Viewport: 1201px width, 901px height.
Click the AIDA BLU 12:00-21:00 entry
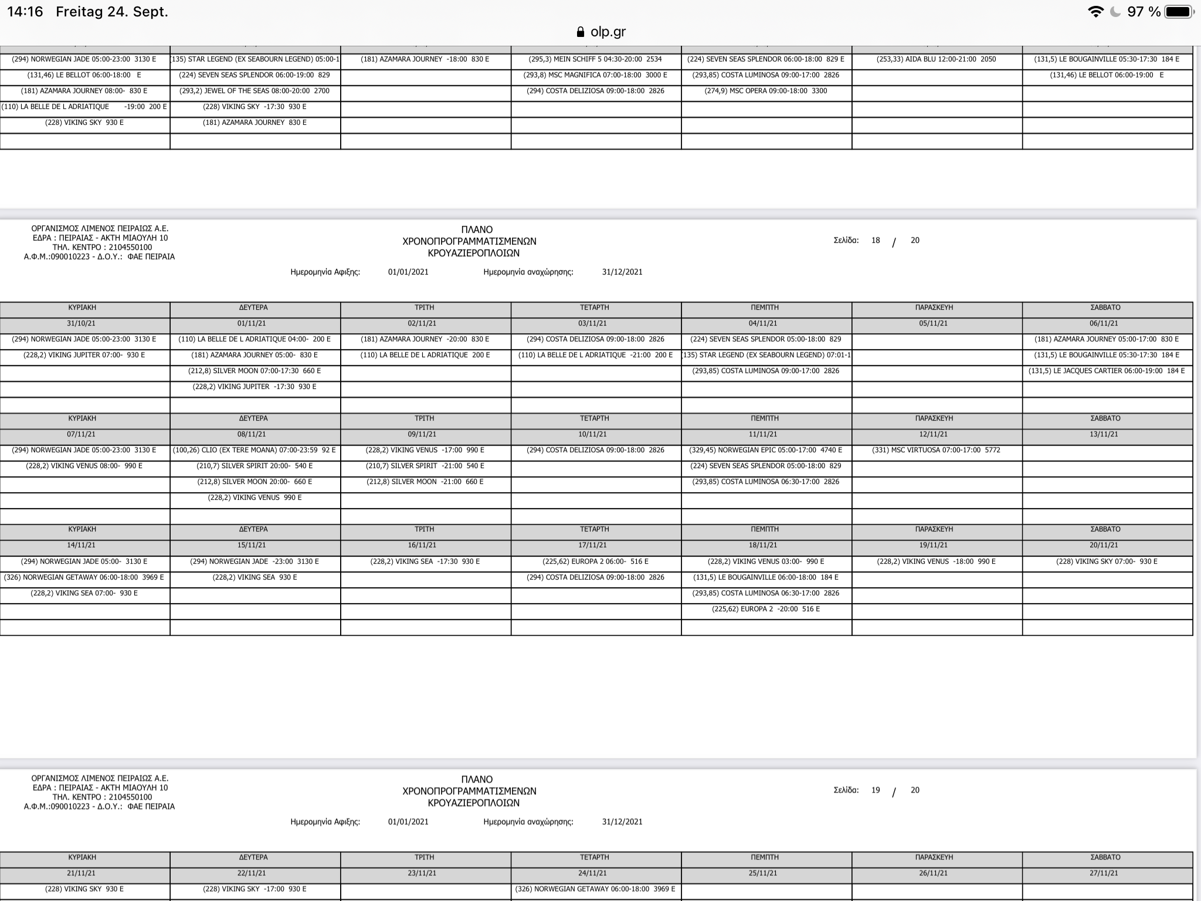(x=936, y=59)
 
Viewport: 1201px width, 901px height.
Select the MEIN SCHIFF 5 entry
(x=595, y=59)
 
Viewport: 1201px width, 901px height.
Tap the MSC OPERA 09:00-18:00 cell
(x=766, y=91)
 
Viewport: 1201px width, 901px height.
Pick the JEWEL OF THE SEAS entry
(x=255, y=91)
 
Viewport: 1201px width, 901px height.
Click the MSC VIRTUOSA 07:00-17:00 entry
(x=936, y=450)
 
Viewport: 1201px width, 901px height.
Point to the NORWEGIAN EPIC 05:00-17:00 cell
(x=765, y=450)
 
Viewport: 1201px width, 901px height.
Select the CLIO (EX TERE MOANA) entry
(x=255, y=450)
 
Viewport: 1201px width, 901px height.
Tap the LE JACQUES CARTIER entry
(x=1106, y=371)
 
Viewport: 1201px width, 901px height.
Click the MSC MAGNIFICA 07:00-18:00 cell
(x=595, y=75)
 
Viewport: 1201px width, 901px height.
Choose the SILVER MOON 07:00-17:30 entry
(x=255, y=371)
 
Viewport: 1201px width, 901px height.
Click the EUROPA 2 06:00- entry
(x=595, y=561)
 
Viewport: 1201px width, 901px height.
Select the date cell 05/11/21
(x=933, y=323)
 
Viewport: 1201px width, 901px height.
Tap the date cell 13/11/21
(x=1104, y=434)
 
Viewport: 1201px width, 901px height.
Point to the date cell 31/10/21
(x=82, y=323)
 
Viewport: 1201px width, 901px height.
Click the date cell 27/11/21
(x=1104, y=873)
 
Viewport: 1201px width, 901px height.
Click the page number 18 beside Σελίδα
(x=876, y=241)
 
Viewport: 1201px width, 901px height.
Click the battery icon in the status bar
(x=1179, y=12)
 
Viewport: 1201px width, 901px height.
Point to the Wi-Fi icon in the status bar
(x=1095, y=12)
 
